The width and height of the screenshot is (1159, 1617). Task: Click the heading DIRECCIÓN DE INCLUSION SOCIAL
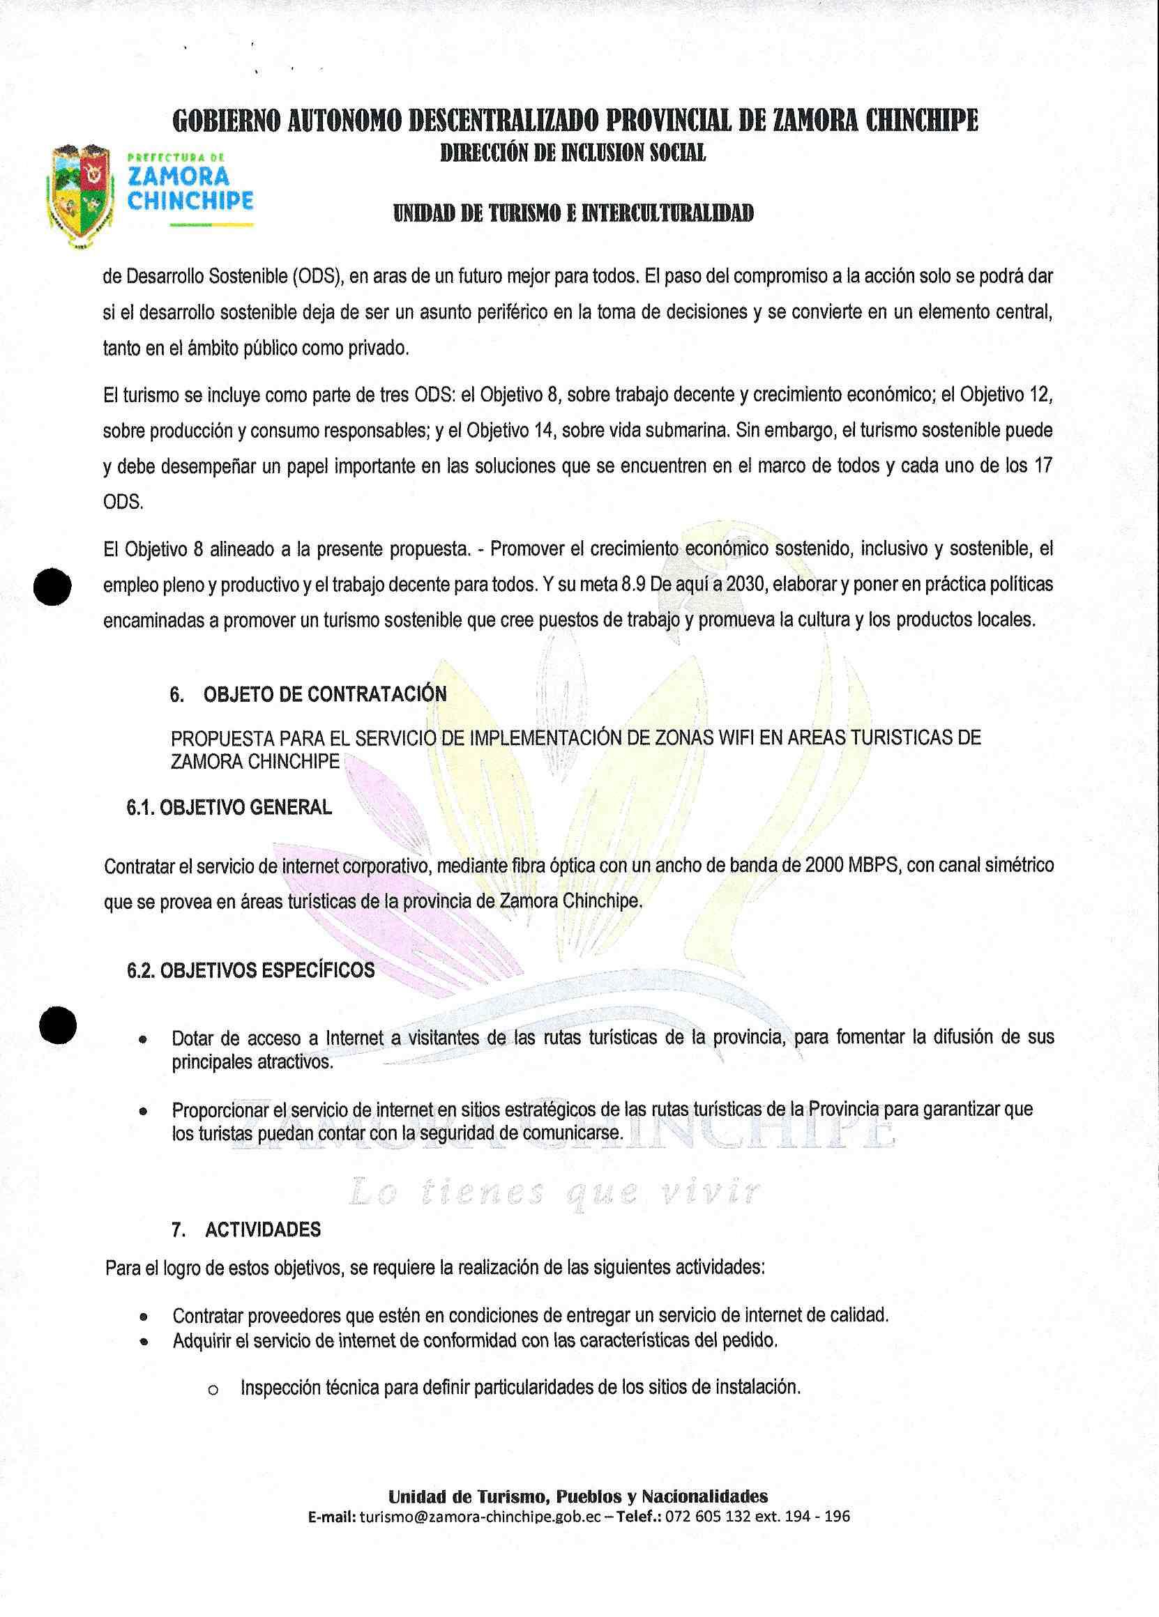573,153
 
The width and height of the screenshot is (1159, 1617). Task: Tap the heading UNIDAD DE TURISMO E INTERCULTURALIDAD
573,213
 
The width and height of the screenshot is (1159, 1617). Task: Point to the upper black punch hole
52,586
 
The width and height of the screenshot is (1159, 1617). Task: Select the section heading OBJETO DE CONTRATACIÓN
325,694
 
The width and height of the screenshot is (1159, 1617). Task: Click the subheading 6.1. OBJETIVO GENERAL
229,808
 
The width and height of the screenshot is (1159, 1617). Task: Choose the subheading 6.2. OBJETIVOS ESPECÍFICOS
250,971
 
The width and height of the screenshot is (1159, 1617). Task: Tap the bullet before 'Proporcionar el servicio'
144,1112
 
